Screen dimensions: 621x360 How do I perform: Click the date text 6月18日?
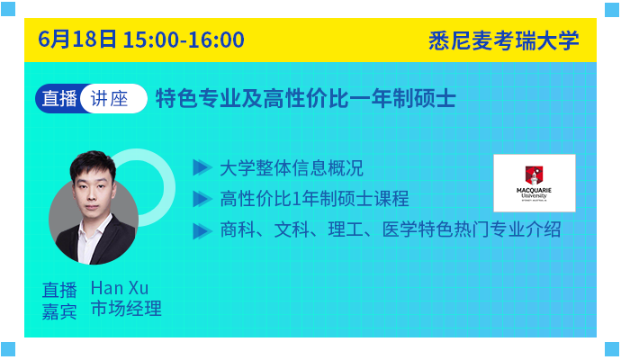tap(77, 40)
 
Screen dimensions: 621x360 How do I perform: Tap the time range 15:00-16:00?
tap(184, 40)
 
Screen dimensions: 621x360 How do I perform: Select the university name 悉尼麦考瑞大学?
tap(503, 40)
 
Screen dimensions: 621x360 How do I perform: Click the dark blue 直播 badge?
tap(59, 98)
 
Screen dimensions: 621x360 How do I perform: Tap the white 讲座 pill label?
tap(113, 99)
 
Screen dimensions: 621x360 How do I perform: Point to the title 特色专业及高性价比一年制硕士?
tap(306, 98)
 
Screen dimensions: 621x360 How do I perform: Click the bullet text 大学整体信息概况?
tap(291, 168)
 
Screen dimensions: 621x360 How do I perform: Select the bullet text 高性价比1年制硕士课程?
tap(314, 198)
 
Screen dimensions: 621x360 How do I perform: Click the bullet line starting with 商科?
tap(390, 229)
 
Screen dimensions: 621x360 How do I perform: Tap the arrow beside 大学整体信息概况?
tap(202, 167)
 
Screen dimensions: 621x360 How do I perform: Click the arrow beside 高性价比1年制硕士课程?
tap(202, 198)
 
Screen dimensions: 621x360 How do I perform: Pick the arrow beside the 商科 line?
tap(202, 231)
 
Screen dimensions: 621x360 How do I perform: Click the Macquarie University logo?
tap(535, 183)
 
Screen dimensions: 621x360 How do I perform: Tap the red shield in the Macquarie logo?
tap(534, 175)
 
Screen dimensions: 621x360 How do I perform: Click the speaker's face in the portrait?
tap(93, 185)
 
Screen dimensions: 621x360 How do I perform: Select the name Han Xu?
tap(120, 288)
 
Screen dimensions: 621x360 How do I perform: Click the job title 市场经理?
tap(126, 309)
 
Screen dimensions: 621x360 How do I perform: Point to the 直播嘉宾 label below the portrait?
tap(59, 301)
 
